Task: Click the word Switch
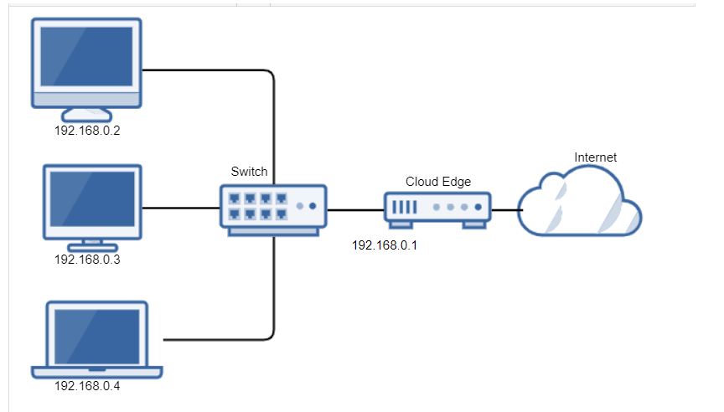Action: pos(249,172)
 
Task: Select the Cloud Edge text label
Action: pos(438,181)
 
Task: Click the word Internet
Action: pos(595,157)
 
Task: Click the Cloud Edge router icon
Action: pos(437,209)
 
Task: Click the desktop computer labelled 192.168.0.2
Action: pos(86,63)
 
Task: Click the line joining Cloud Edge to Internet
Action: pos(505,209)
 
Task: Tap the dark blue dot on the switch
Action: pos(313,206)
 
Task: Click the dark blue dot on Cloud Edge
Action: pos(478,206)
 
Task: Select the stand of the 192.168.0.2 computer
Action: pos(86,116)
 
